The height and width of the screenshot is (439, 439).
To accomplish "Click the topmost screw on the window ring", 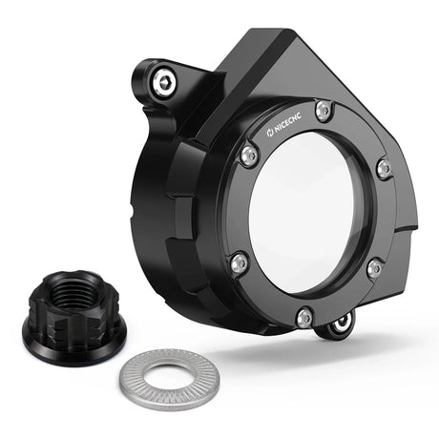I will (324, 111).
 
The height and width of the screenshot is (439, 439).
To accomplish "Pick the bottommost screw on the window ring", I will (304, 316).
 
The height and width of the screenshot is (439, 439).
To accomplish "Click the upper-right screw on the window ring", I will (385, 169).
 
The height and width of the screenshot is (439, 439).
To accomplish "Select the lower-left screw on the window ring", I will (240, 261).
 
